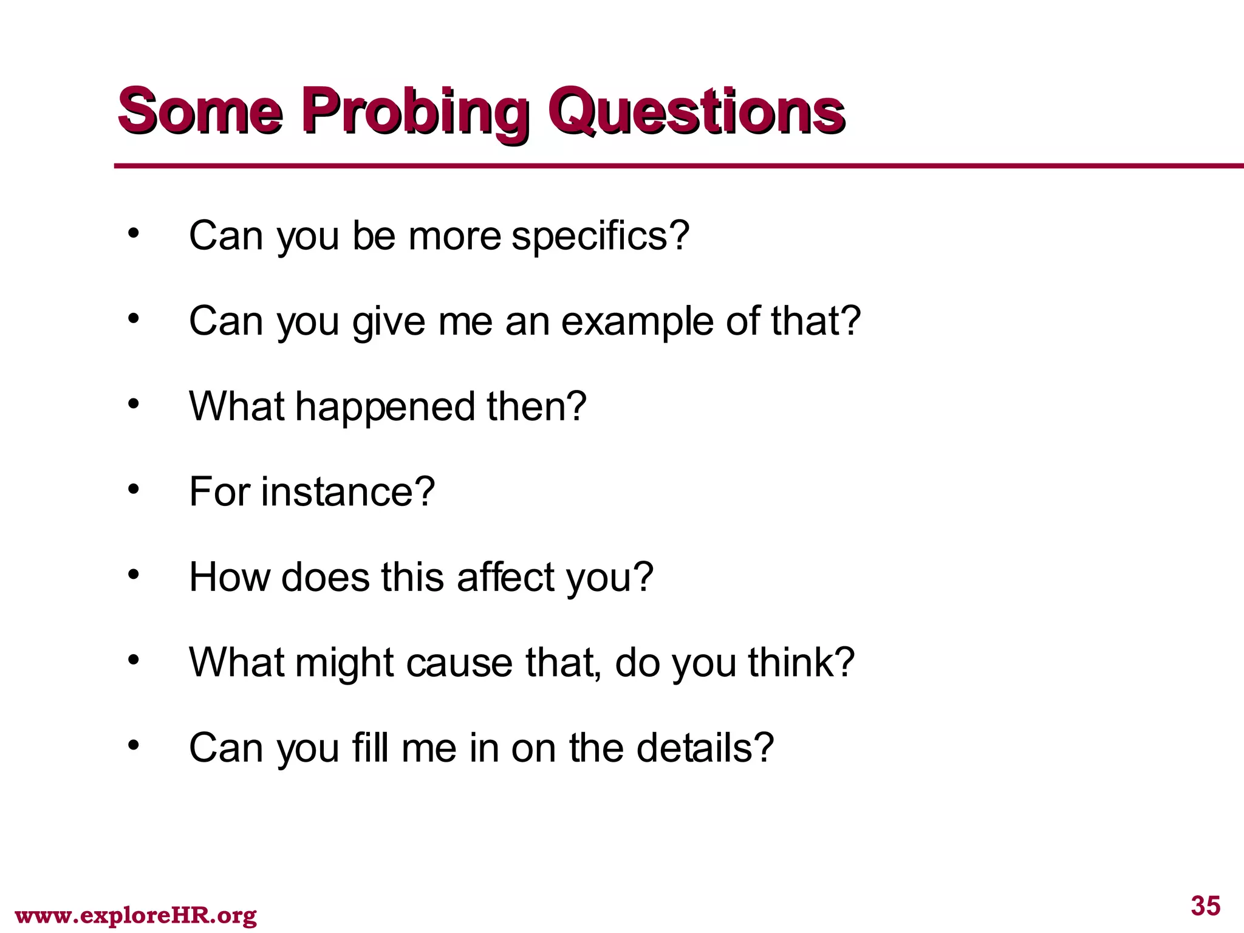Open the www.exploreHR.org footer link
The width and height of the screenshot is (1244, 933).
135,915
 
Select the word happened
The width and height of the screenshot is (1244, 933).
384,406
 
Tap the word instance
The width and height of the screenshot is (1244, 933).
348,491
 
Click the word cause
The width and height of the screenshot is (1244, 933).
460,662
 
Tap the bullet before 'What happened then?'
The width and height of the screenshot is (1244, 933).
134,403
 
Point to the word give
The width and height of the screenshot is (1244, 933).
389,321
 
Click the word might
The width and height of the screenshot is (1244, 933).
344,662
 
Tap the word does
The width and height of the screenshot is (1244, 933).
325,576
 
